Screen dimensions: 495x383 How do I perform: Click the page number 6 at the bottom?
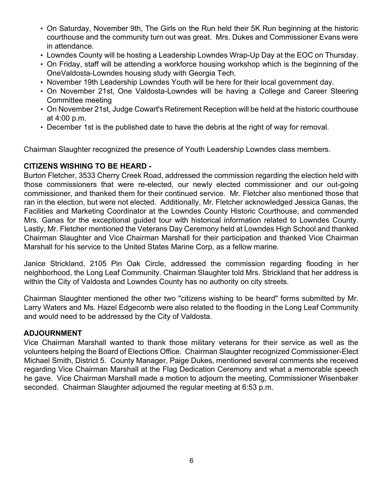coord(191,460)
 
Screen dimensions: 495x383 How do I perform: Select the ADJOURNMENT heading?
coord(53,333)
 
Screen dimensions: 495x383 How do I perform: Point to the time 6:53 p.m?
coord(257,387)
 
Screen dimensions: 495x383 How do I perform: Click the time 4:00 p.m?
coord(66,118)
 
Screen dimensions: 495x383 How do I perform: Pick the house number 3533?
coord(87,175)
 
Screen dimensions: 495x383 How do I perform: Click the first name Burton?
coord(35,175)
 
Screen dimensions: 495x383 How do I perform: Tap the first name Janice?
coord(35,264)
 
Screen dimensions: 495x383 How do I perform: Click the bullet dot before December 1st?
coord(41,127)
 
